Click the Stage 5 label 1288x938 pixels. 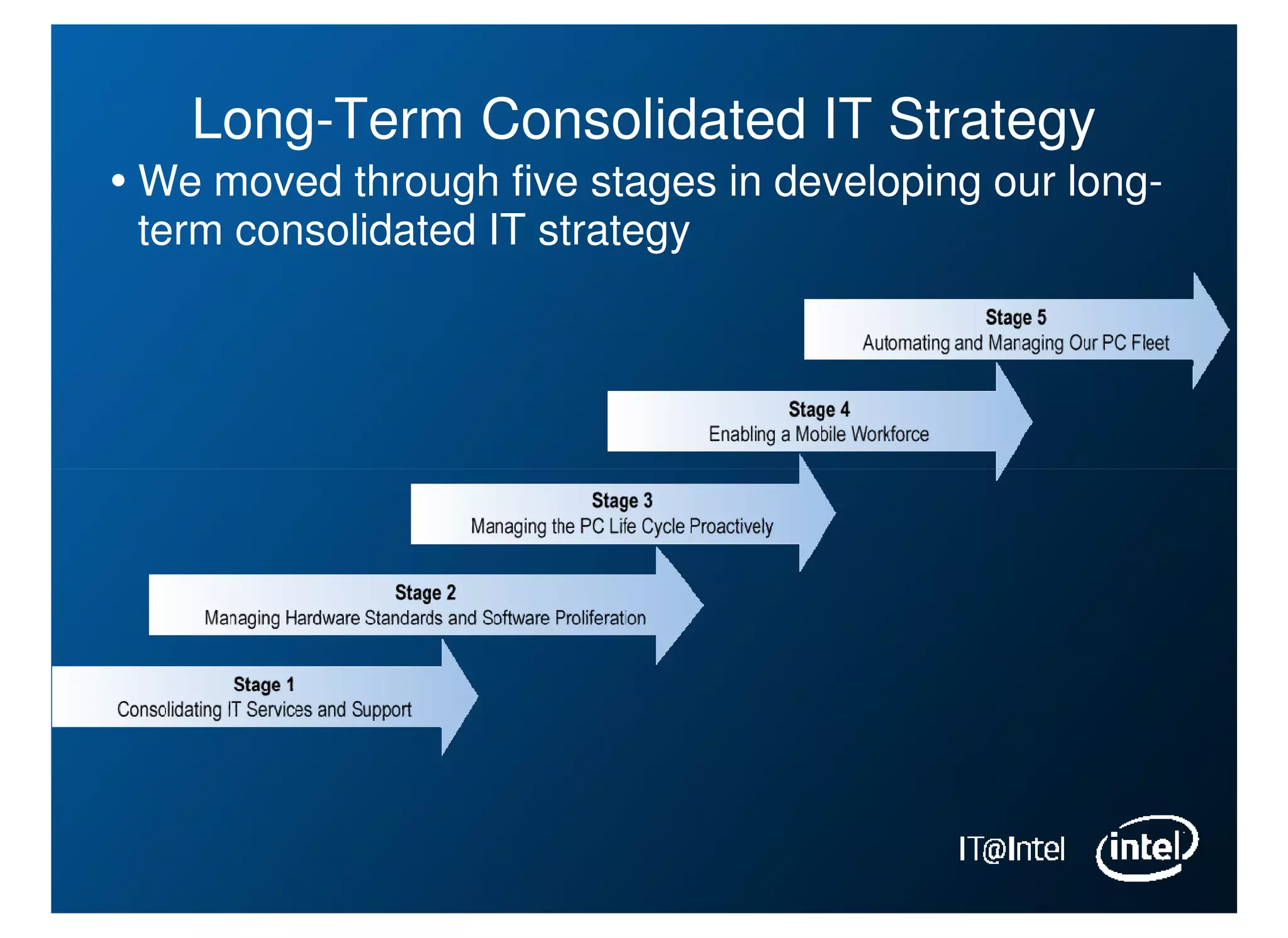(x=1015, y=317)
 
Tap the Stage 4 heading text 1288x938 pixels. (x=819, y=409)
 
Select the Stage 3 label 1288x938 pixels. (x=621, y=501)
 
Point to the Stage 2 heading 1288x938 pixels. (x=425, y=593)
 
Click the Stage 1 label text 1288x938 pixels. (x=264, y=685)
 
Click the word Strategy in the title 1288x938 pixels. (x=991, y=121)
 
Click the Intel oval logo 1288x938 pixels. (x=1146, y=848)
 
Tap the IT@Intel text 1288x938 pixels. (x=1011, y=849)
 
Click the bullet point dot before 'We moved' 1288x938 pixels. (x=118, y=182)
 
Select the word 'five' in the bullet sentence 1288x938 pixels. (x=545, y=182)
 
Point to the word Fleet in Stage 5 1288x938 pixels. (x=1150, y=343)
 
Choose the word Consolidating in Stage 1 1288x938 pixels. (x=169, y=710)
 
